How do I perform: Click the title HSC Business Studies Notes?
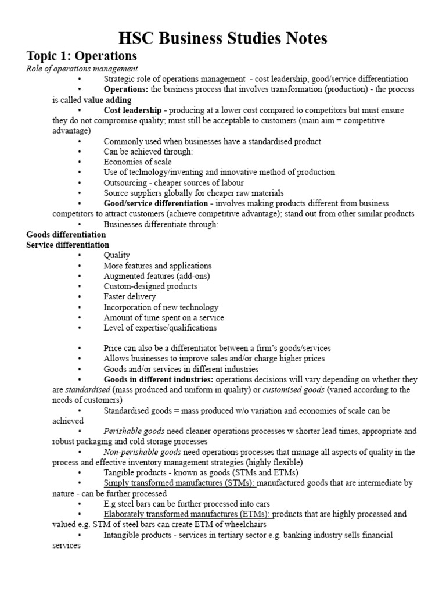pos(223,38)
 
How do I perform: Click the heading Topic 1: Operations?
pos(82,56)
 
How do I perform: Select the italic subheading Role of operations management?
pos(74,69)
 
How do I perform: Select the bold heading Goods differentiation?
pos(66,234)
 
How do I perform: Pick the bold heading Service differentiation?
pos(68,245)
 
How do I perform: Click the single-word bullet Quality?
pos(117,255)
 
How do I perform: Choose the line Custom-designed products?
pos(150,286)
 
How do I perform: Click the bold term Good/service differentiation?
pos(156,203)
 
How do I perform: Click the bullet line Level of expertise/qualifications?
pos(160,328)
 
